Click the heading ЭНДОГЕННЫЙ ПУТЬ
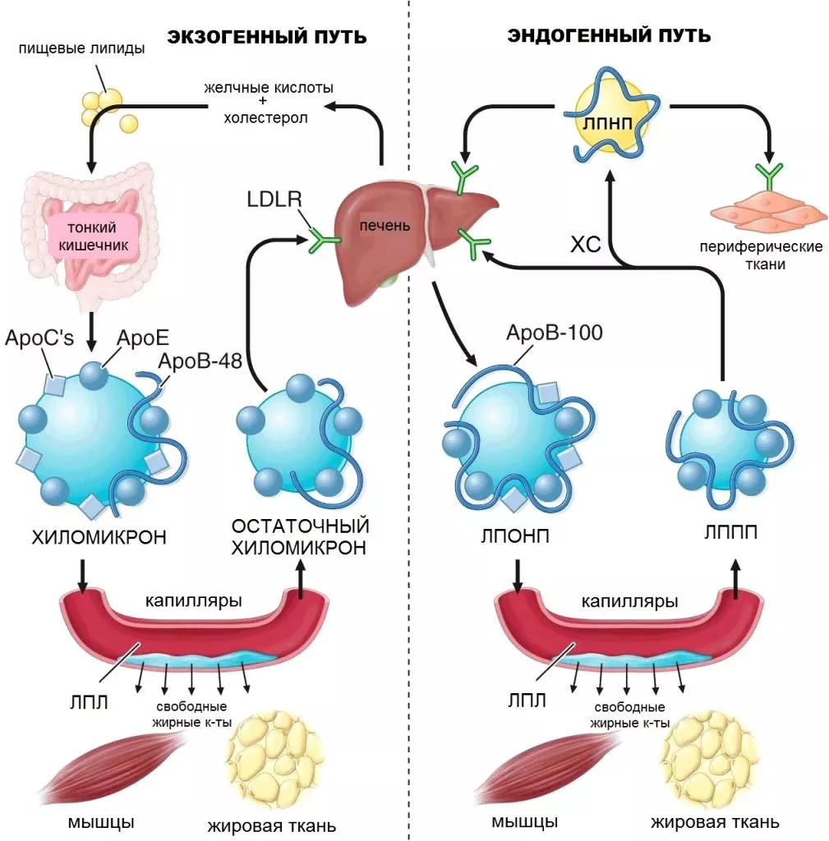tap(609, 36)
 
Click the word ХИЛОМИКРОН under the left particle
tap(99, 538)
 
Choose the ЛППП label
tap(730, 532)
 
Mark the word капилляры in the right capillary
tap(629, 602)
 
